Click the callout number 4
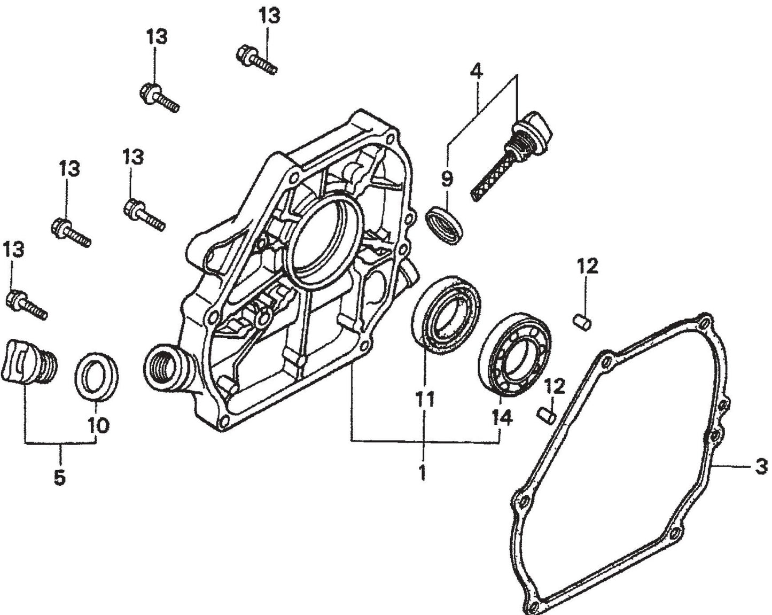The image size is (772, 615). tap(476, 70)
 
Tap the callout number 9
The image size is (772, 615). tap(447, 178)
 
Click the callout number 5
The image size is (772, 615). tap(59, 477)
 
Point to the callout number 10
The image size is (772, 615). tap(99, 425)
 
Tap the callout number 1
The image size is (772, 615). tap(422, 472)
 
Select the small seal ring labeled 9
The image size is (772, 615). tap(445, 224)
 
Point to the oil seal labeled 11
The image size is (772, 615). tap(447, 314)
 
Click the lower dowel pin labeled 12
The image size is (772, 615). tap(546, 415)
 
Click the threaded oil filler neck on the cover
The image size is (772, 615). tap(165, 367)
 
